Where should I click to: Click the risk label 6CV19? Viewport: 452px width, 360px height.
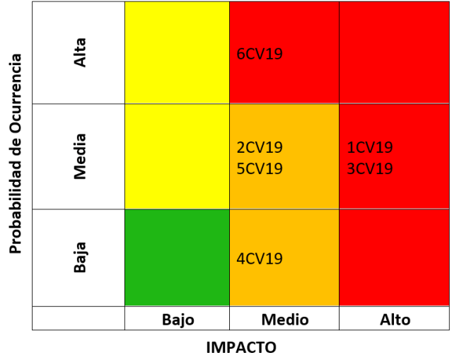[x=260, y=54]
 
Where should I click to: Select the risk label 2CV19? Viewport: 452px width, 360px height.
[x=260, y=148]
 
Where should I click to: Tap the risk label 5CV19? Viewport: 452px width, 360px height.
[x=260, y=169]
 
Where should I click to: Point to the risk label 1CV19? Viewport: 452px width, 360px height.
[x=370, y=148]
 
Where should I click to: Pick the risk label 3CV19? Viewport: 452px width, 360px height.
[x=370, y=169]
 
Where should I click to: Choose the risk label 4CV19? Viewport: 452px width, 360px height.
[x=260, y=258]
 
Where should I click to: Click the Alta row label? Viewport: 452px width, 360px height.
[x=81, y=52]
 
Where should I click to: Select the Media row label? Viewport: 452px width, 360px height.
[x=81, y=156]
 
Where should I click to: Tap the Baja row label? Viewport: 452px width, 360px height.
[x=81, y=257]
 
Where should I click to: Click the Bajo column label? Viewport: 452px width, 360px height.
[x=178, y=320]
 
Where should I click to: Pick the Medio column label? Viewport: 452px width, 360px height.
[x=284, y=320]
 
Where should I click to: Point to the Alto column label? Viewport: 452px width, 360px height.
[x=395, y=320]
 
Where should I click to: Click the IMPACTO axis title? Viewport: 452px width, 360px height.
[x=241, y=347]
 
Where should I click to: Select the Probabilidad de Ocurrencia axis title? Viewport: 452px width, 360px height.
[x=15, y=153]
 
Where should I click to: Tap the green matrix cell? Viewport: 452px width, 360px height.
[x=177, y=257]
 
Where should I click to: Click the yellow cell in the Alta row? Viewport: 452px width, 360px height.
[x=177, y=52]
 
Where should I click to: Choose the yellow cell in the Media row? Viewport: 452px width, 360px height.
[x=177, y=156]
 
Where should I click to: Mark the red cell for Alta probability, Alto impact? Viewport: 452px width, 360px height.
[x=395, y=52]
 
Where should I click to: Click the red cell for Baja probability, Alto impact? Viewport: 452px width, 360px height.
[x=395, y=257]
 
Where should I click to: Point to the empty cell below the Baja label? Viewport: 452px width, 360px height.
[x=79, y=318]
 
